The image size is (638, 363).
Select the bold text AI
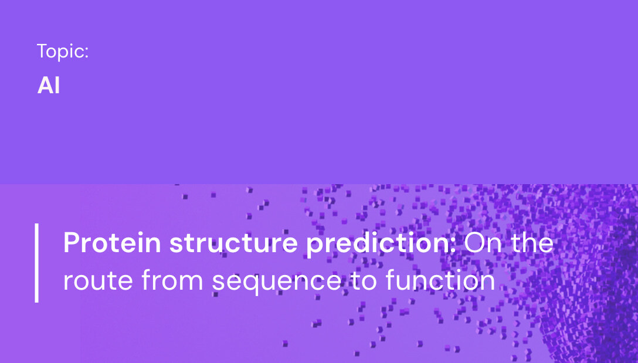[x=49, y=86]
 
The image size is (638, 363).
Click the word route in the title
[x=97, y=281]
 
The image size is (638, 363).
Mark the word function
[x=440, y=281]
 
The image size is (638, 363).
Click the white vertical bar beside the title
[x=36, y=262]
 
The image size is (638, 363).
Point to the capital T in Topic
[x=42, y=52]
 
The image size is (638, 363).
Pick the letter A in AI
[x=44, y=86]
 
